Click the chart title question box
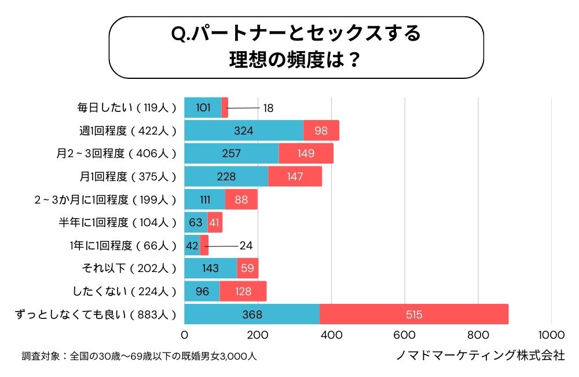click(296, 47)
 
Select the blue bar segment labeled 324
click(244, 130)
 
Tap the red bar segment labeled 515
click(413, 314)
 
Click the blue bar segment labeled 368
click(252, 314)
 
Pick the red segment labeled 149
click(306, 154)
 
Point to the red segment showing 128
click(243, 292)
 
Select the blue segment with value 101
click(203, 108)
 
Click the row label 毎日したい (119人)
click(126, 108)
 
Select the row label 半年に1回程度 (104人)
click(117, 223)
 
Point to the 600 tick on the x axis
click(405, 335)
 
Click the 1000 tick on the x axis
click(551, 335)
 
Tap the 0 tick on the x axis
click(185, 335)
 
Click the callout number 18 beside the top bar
click(268, 108)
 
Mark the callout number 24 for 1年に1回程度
click(246, 246)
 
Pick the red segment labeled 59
click(248, 269)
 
